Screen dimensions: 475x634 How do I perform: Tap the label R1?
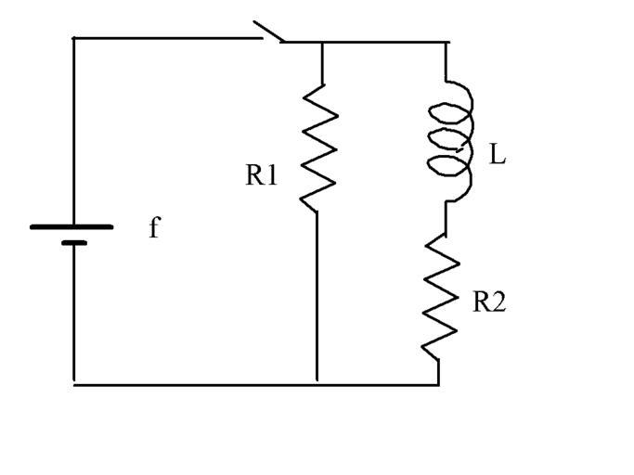(261, 175)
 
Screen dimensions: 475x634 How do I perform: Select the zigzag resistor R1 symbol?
(318, 146)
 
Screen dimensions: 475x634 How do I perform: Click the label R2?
(489, 303)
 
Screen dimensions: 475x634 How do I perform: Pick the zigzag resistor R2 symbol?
(441, 296)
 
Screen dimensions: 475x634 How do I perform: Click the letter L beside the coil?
(498, 156)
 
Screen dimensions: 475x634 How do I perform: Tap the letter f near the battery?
(154, 227)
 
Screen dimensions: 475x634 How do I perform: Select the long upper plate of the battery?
(72, 225)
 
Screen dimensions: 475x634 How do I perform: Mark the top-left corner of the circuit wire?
(74, 38)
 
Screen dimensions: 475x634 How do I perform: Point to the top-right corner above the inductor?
(447, 42)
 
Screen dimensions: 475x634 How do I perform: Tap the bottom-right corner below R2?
(439, 384)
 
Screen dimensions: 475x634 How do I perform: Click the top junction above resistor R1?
(321, 42)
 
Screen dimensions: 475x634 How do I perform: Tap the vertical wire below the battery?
(74, 315)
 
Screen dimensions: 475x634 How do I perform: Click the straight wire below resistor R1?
(317, 297)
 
